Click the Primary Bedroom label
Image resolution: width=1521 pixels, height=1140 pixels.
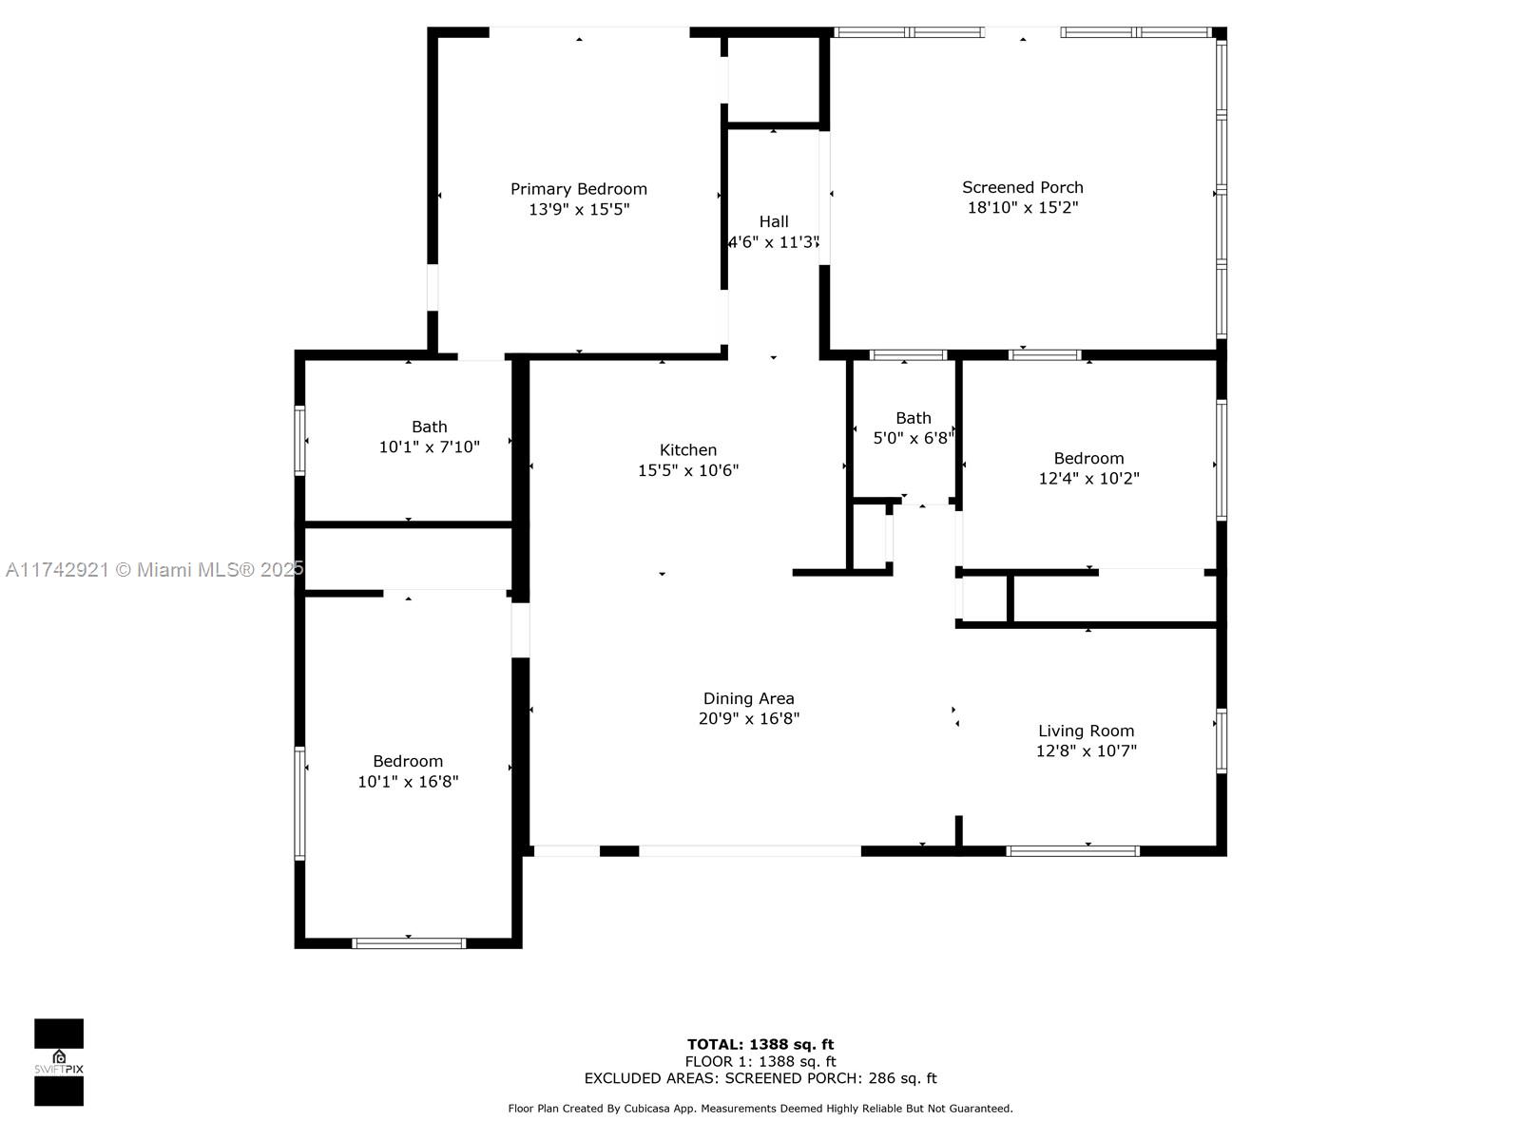tap(579, 189)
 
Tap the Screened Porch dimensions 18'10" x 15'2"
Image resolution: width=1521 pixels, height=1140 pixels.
tap(1023, 208)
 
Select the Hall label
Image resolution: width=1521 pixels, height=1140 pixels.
tap(773, 221)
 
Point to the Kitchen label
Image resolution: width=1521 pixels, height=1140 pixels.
tap(687, 450)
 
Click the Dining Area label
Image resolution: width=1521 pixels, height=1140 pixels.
tap(748, 698)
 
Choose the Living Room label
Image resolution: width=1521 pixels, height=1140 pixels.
tap(1086, 731)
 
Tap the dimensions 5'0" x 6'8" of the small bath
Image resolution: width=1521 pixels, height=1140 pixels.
tap(914, 438)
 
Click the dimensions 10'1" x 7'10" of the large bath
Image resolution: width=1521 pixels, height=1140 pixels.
tap(429, 447)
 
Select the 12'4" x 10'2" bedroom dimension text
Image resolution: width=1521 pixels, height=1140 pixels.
tap(1088, 478)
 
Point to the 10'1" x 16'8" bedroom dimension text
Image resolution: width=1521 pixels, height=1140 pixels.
tap(408, 782)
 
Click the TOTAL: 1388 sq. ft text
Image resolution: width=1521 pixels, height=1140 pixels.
tap(760, 1044)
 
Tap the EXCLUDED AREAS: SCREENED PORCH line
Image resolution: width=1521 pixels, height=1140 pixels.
tap(760, 1078)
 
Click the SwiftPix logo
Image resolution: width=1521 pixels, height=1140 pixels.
tap(59, 1062)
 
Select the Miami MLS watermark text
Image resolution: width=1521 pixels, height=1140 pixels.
tap(155, 570)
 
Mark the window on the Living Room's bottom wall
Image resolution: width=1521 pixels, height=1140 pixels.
tap(1072, 851)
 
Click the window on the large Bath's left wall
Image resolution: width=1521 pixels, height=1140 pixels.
tap(300, 440)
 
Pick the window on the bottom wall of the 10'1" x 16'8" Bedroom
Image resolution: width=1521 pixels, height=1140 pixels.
tap(408, 942)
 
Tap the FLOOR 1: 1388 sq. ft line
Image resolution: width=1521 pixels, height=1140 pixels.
tap(760, 1062)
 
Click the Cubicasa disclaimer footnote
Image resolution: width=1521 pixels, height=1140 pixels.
tap(760, 1108)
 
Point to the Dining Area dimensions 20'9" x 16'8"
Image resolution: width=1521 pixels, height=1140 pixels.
tap(748, 718)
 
